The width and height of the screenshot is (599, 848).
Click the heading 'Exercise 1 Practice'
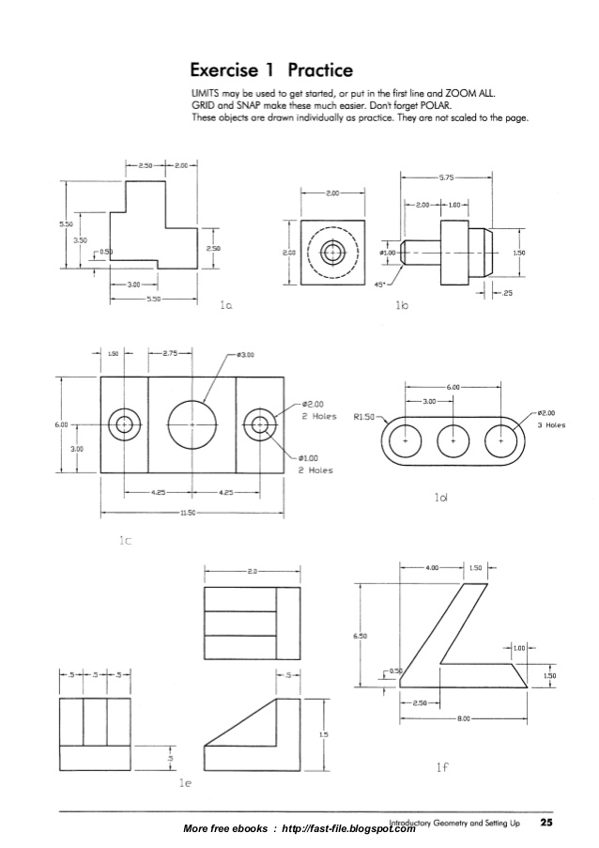pos(271,70)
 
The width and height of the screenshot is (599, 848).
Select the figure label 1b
pos(404,306)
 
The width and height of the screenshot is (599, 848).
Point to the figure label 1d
pos(440,498)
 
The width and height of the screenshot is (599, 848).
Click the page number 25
pos(545,823)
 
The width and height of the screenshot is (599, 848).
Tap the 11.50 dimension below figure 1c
pos(191,513)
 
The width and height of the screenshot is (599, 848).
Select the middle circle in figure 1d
pos(453,439)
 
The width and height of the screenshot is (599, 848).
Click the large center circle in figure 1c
pos(192,424)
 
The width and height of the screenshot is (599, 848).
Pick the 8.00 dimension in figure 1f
pos(463,718)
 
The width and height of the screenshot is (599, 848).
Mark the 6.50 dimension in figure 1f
pos(360,636)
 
